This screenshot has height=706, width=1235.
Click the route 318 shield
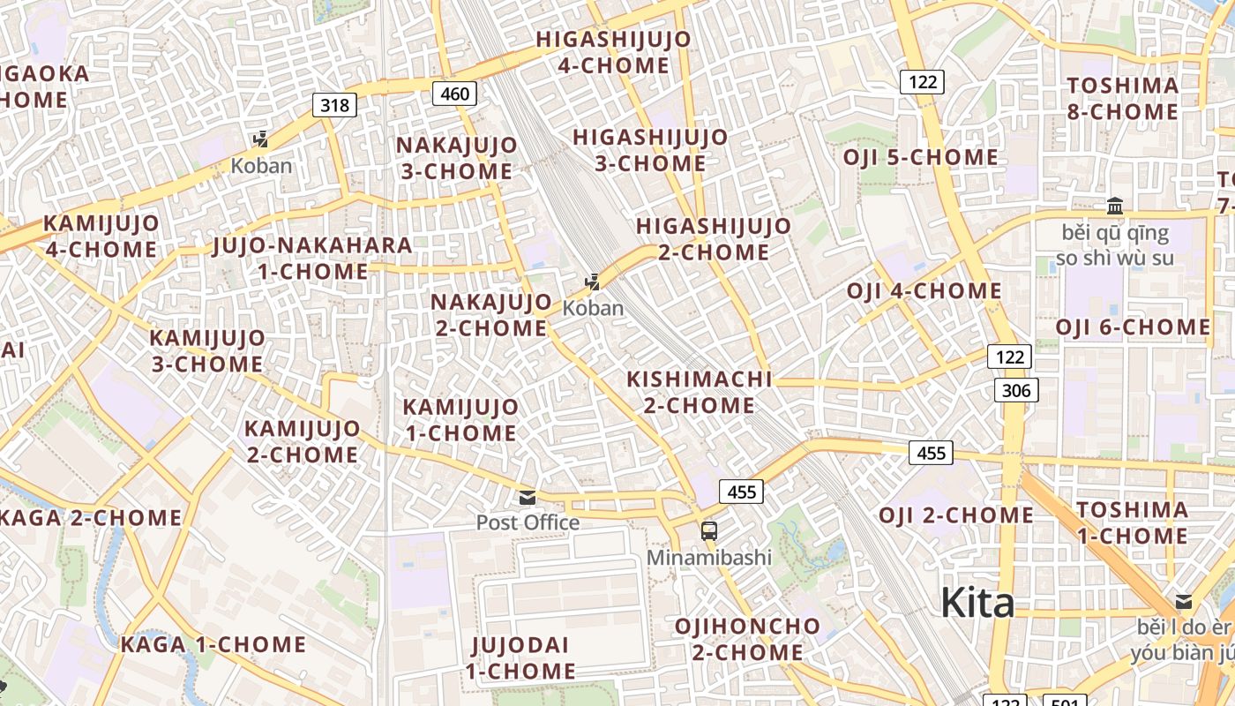(x=334, y=106)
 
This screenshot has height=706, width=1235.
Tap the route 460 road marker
(x=454, y=94)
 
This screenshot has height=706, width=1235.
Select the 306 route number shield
(x=1016, y=389)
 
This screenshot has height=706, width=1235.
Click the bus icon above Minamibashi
(x=709, y=531)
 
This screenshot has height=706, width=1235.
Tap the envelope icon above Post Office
(x=528, y=498)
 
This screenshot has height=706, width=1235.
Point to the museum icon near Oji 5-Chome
(x=1115, y=207)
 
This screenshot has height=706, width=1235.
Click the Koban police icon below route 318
(x=261, y=139)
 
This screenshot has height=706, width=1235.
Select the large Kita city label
(x=977, y=604)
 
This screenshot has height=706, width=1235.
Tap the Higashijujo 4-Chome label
(x=613, y=52)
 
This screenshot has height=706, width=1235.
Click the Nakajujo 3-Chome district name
(x=455, y=158)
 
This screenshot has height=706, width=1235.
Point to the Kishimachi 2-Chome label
(x=699, y=393)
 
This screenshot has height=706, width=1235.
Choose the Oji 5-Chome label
(x=920, y=158)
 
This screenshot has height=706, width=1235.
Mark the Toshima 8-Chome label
(x=1122, y=99)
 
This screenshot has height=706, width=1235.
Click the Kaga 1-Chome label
(x=213, y=644)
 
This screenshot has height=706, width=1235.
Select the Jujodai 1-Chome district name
(x=520, y=657)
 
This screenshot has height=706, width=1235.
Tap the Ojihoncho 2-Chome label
(x=747, y=640)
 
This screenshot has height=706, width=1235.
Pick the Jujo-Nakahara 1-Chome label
(x=312, y=258)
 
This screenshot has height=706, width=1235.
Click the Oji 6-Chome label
(x=1134, y=327)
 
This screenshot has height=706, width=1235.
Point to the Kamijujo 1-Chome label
(x=460, y=420)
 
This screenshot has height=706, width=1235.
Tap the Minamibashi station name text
(x=709, y=558)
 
